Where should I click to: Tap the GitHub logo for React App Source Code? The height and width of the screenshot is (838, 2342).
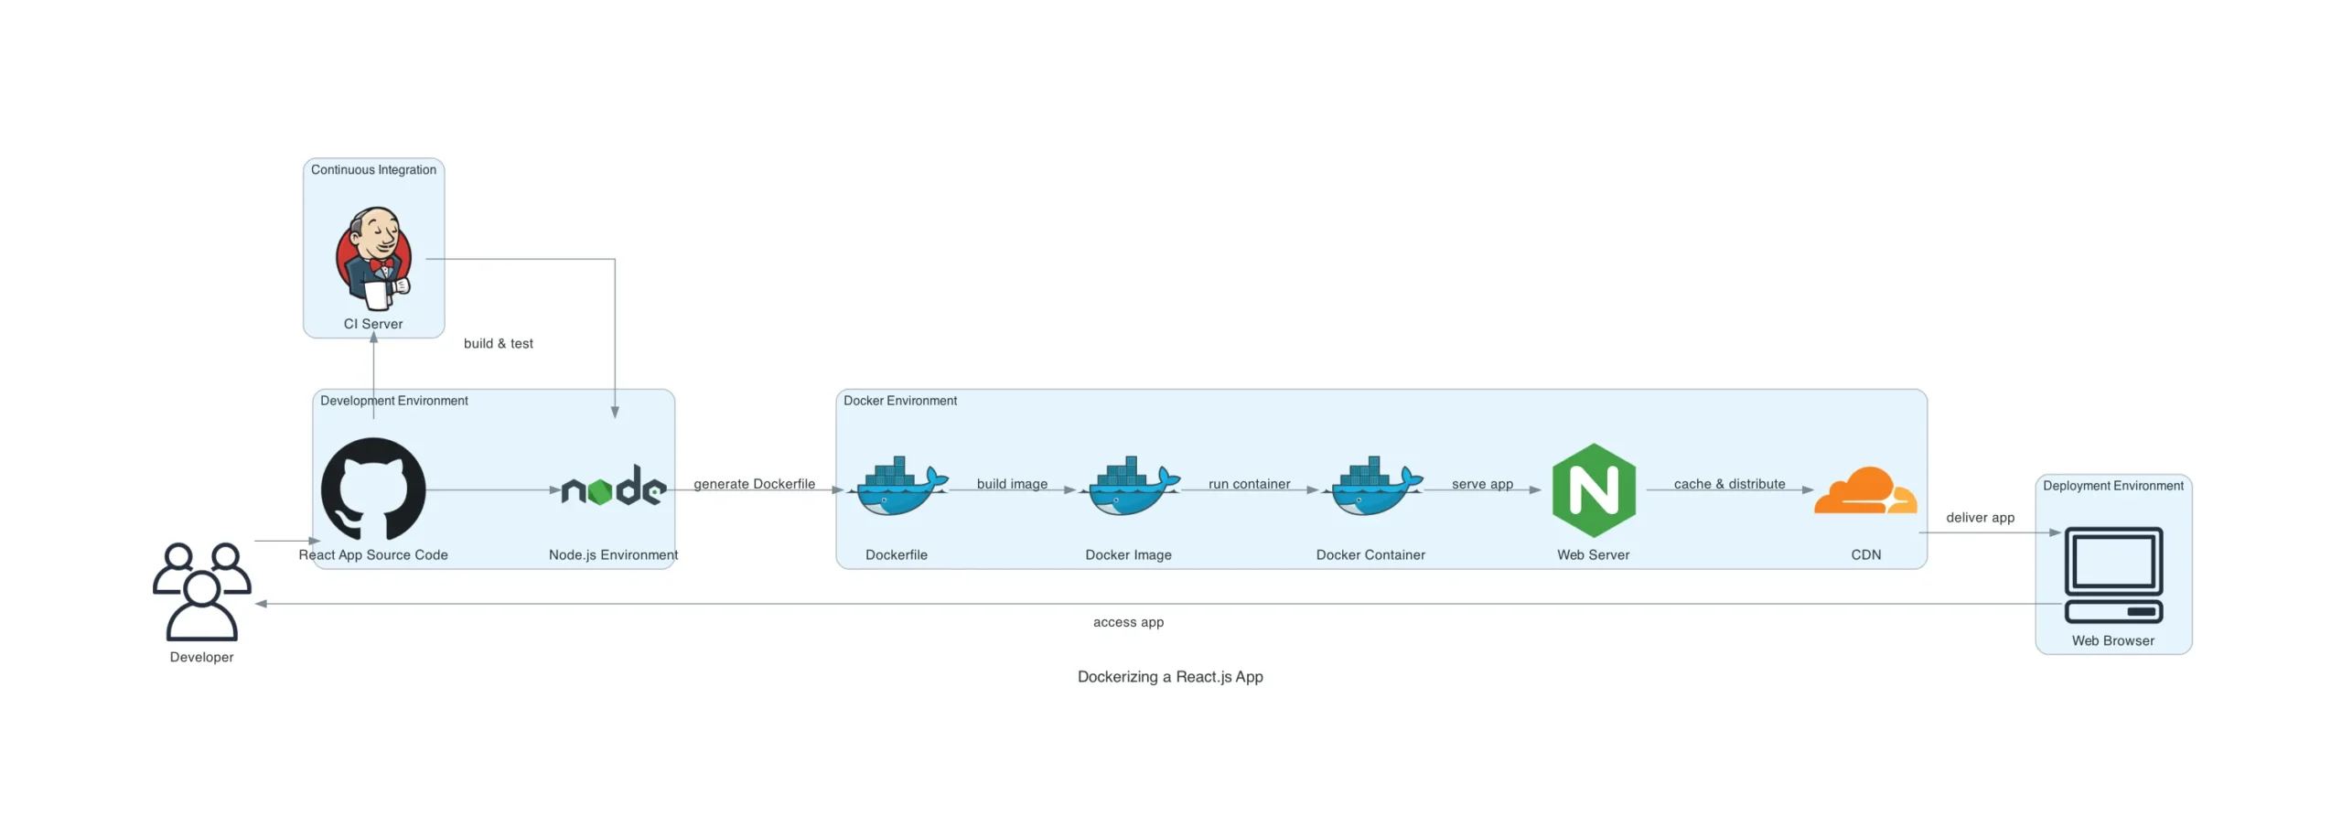(373, 489)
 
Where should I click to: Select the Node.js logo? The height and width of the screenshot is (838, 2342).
(613, 487)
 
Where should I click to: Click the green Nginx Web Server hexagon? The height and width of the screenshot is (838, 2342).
(1594, 489)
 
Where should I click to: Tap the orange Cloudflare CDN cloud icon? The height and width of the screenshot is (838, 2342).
(1865, 491)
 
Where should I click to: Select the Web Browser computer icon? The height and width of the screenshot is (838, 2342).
(2113, 575)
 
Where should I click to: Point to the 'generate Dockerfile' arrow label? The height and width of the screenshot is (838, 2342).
(754, 484)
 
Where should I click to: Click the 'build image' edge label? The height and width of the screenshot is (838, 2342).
(1012, 484)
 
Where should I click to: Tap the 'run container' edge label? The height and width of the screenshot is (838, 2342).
(1249, 484)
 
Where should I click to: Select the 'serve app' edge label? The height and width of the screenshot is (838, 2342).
(1482, 484)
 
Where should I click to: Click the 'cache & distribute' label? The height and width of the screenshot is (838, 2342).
(1729, 484)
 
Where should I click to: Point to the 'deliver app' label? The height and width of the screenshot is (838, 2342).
(1980, 518)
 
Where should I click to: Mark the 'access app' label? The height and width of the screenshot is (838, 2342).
(1128, 622)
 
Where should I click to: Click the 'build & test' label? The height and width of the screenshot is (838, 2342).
(498, 344)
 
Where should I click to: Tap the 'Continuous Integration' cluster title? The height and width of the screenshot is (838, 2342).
(373, 170)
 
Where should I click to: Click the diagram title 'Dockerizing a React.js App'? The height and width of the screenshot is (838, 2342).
(1170, 677)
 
